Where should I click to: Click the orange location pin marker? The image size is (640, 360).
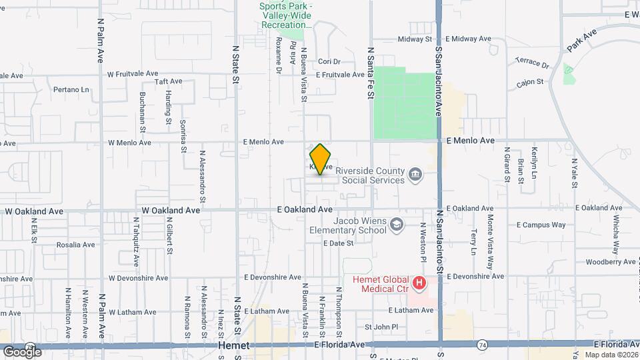coord(321,159)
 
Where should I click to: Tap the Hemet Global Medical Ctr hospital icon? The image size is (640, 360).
coord(419,283)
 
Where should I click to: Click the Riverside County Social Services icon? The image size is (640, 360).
coord(415,175)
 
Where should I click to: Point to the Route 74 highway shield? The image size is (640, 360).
coord(481,345)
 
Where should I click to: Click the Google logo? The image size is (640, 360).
coord(22,351)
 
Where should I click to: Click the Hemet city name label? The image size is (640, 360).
coord(234,346)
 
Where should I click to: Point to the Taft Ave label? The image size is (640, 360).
coord(168,81)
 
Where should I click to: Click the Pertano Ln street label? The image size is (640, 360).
coord(71,89)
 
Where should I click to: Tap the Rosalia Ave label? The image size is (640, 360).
coord(75,245)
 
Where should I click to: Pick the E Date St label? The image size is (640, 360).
coord(337,243)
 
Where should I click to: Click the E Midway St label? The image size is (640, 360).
coord(415,39)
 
